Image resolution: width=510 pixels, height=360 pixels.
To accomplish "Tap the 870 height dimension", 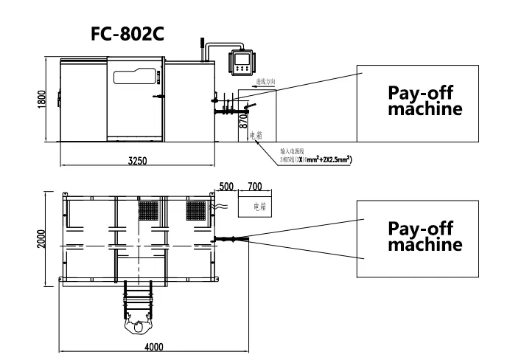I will [243, 123].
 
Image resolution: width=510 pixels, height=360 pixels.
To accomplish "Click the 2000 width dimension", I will [42, 238].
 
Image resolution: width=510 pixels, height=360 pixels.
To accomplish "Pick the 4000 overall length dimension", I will [153, 347].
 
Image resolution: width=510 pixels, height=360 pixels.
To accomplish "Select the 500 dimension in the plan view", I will [226, 186].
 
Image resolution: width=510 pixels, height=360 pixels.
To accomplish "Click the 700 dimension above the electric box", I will [255, 186].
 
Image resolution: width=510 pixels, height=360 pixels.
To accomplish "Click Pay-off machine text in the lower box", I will [425, 236].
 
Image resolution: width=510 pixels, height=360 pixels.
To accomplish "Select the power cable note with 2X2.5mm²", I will [313, 156].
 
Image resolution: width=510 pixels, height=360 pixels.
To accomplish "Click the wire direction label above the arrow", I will [265, 83].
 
